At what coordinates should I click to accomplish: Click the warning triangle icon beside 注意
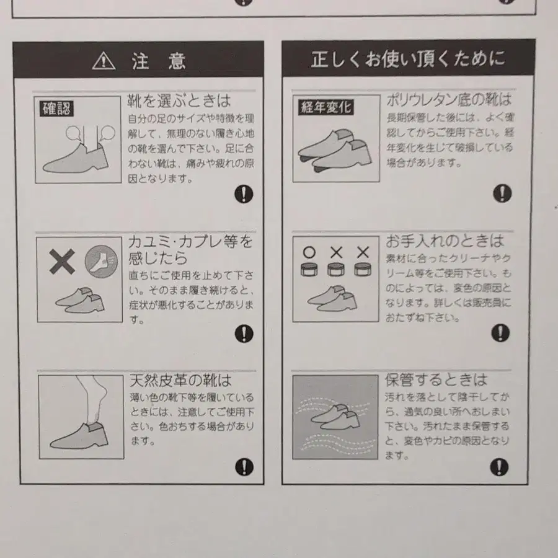104,61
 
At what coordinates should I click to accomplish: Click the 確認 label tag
56,109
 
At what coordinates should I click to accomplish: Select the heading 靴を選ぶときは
179,100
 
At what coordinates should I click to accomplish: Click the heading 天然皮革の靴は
180,379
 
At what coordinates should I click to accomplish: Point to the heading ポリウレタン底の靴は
449,99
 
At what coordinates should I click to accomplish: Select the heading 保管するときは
436,379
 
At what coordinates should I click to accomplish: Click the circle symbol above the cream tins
309,252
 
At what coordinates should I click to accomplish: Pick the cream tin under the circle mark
309,270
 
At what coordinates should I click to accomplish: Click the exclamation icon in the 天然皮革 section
244,467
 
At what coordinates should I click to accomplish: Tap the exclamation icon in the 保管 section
499,466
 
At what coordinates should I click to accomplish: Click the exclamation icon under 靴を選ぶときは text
244,194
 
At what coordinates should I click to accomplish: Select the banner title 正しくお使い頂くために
408,60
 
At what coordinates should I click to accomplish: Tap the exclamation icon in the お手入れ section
500,334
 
